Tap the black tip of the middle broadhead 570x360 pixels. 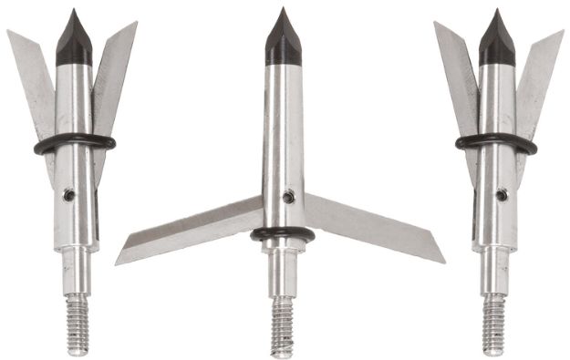[283, 41]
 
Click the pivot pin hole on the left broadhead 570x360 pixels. [68, 194]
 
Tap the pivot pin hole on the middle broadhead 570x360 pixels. [288, 196]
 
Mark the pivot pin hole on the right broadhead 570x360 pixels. [502, 194]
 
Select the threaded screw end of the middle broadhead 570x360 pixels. [284, 324]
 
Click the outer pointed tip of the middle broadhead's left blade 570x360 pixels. [118, 262]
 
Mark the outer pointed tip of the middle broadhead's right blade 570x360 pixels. [443, 262]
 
